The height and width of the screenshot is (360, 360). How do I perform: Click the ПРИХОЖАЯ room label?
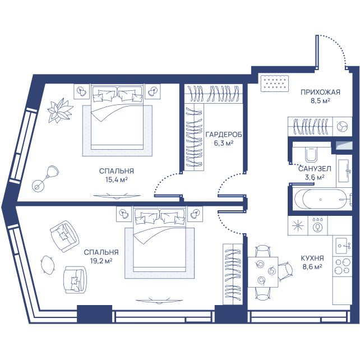tap(320, 93)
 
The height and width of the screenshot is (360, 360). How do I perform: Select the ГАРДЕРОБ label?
tap(224, 135)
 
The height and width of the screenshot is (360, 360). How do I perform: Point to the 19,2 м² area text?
tap(101, 261)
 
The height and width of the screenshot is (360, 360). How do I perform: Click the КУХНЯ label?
tap(312, 258)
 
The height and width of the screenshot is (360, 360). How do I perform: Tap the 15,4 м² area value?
tap(117, 179)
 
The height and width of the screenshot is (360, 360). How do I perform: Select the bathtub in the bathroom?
tap(321, 199)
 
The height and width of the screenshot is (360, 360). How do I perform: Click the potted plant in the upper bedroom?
tap(60, 110)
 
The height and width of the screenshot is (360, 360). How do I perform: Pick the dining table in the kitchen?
tap(263, 272)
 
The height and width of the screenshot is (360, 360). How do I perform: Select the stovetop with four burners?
tap(342, 266)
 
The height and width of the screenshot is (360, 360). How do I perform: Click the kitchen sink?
tap(343, 246)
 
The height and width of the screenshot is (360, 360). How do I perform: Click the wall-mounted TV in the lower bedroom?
tap(159, 301)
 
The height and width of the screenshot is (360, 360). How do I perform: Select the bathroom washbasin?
tap(344, 170)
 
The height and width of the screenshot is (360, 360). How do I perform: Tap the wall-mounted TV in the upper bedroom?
tap(117, 196)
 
